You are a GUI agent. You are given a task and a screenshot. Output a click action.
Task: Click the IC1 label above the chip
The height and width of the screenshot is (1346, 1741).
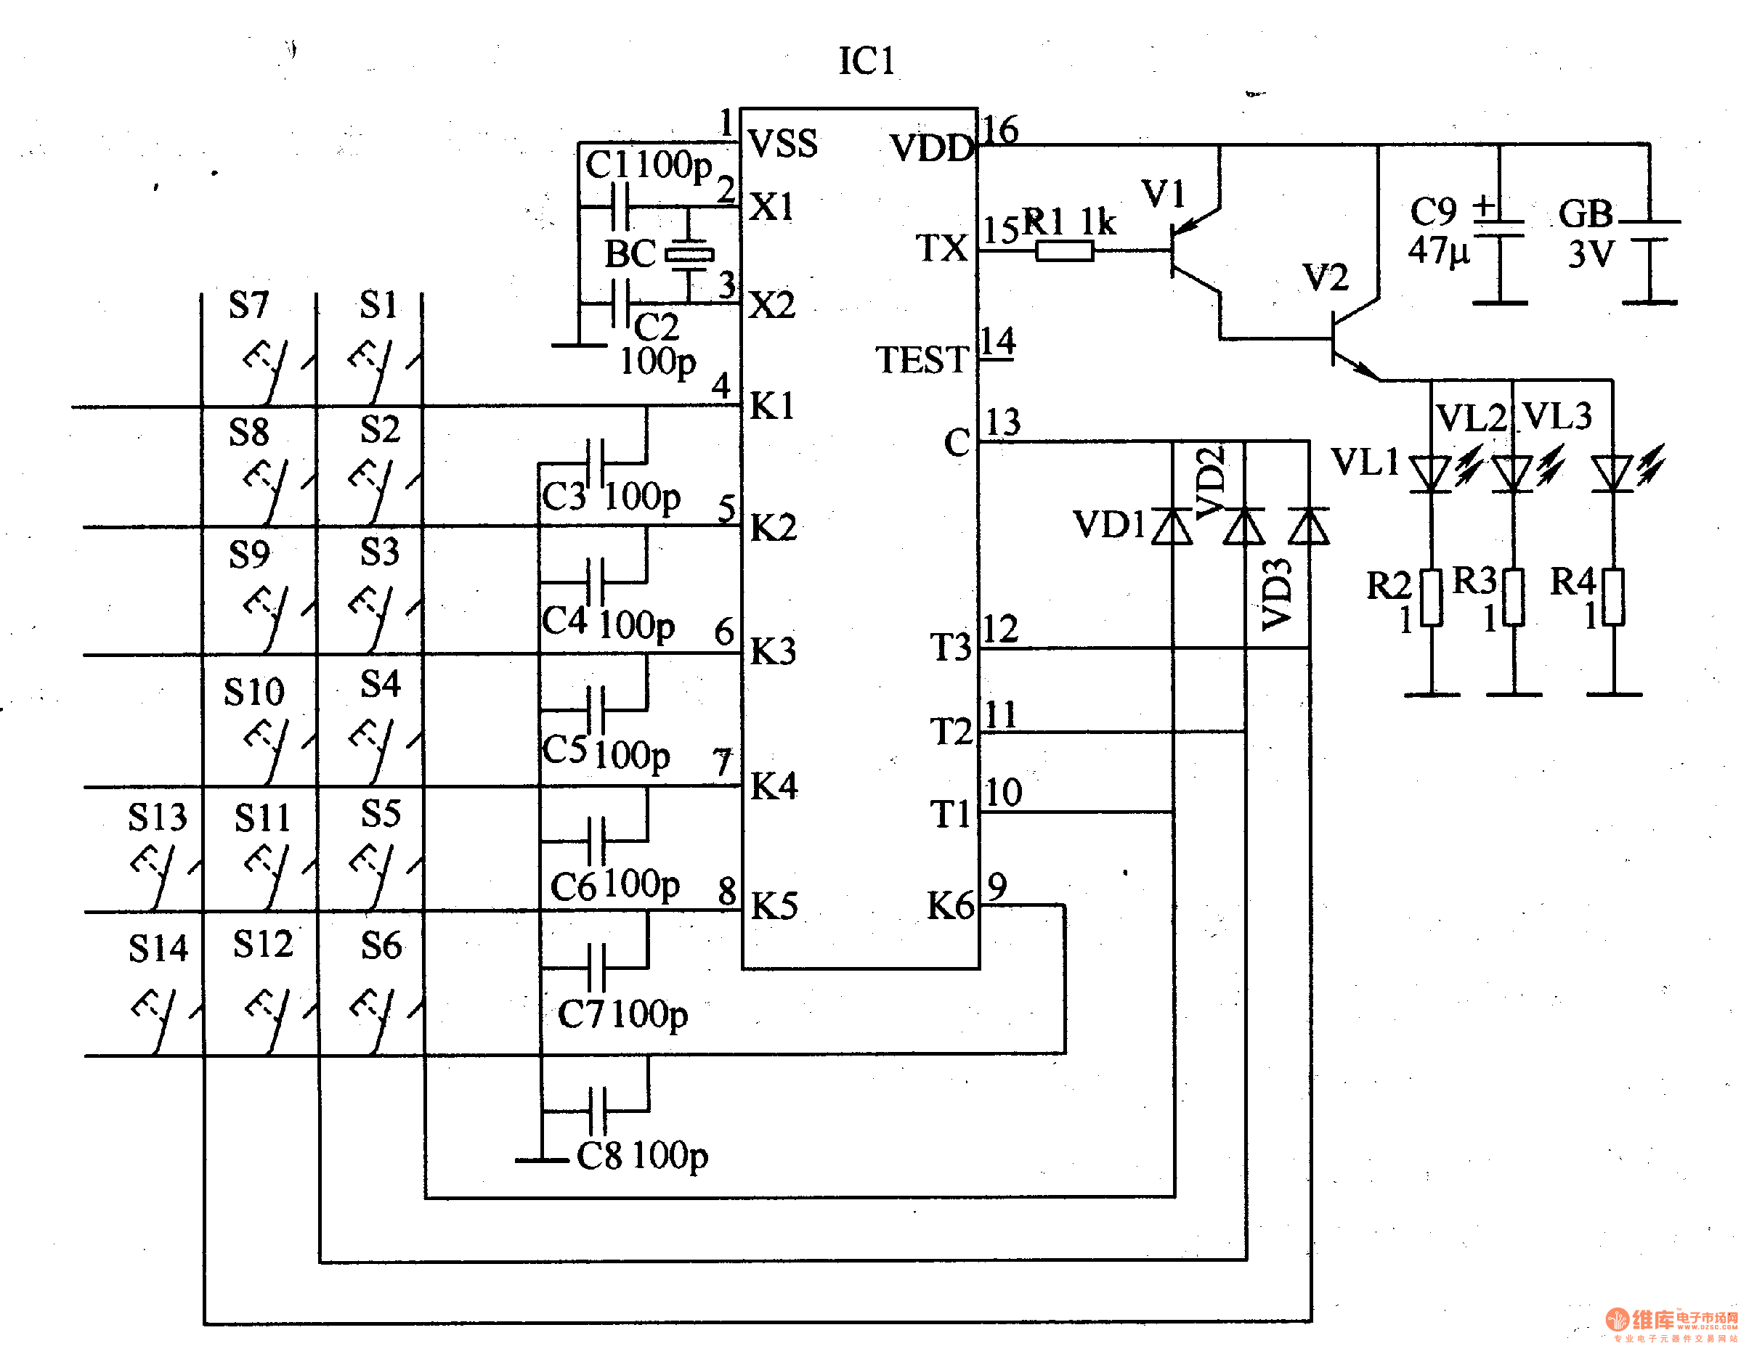tap(867, 62)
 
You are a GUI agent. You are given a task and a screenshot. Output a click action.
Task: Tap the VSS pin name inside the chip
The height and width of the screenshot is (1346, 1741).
tap(783, 144)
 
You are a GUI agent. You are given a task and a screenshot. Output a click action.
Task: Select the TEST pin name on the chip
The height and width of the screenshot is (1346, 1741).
tap(922, 360)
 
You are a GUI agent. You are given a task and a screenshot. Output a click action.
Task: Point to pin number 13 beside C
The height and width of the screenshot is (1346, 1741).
tap(1003, 423)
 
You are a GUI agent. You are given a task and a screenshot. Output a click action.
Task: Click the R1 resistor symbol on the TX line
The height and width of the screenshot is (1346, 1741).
tap(1064, 252)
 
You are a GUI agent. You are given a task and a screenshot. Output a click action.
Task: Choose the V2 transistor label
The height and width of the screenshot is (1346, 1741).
tap(1326, 278)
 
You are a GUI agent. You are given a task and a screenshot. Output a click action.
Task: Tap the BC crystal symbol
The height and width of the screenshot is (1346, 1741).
tap(689, 255)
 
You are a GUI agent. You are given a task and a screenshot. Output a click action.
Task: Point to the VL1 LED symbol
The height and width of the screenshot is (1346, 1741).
tap(1432, 473)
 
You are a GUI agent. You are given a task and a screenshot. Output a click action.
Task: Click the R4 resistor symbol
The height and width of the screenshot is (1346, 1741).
tap(1614, 597)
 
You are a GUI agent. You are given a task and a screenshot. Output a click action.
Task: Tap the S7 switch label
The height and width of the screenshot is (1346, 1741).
tap(248, 304)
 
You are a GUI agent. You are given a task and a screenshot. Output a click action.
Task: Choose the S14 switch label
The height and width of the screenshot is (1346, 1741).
tap(158, 948)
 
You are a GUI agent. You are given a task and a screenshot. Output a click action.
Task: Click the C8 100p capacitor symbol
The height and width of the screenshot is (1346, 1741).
tap(597, 1111)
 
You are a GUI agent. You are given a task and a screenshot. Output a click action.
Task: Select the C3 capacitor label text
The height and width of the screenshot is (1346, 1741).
tap(564, 497)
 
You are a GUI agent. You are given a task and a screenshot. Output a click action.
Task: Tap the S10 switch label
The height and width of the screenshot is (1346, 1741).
tap(253, 692)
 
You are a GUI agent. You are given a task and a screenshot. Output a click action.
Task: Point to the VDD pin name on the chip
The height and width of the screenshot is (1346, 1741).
tap(931, 148)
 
